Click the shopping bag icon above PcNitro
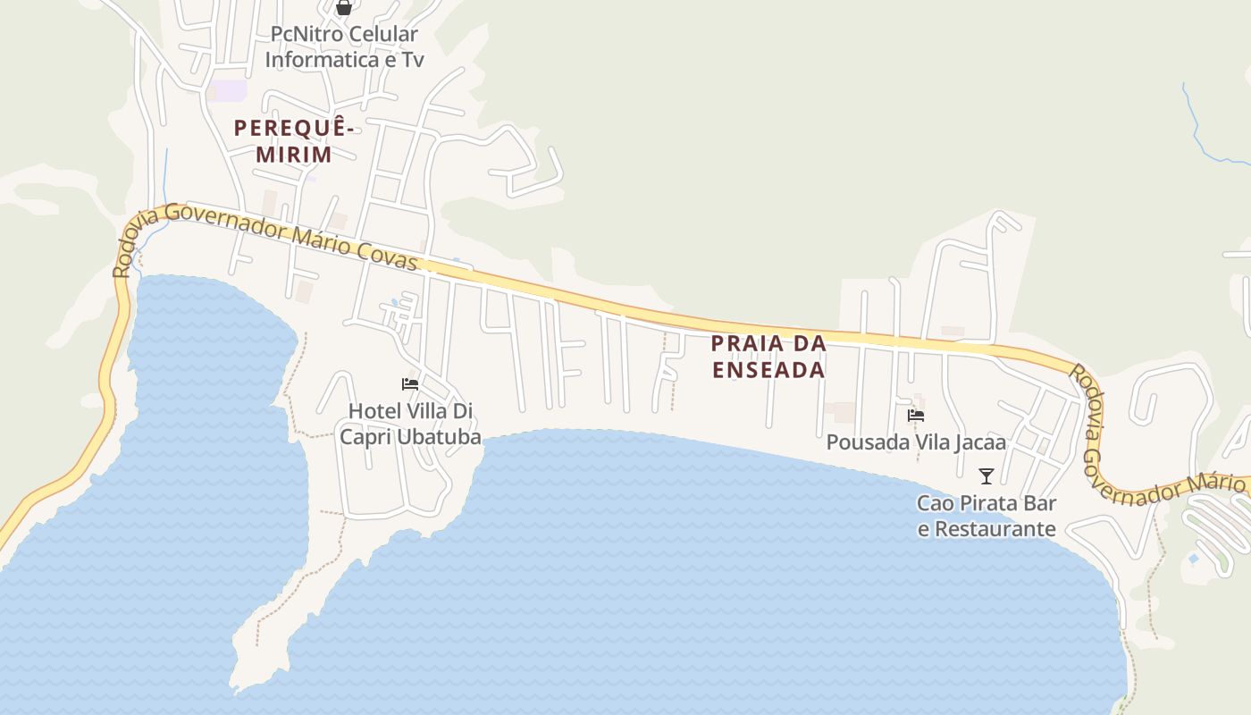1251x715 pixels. point(344,8)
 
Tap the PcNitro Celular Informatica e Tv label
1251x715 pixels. point(344,47)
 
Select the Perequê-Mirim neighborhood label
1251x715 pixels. point(294,141)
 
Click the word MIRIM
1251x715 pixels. point(294,155)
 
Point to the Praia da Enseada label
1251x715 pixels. point(768,356)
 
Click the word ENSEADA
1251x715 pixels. point(768,370)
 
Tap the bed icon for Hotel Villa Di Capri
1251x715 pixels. point(410,384)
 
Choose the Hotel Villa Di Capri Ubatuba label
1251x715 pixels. point(410,424)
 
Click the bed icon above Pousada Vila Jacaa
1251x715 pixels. point(916,415)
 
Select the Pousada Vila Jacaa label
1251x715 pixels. point(916,442)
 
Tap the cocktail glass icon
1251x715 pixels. point(987,475)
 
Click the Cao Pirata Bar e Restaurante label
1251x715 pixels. point(987,516)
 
